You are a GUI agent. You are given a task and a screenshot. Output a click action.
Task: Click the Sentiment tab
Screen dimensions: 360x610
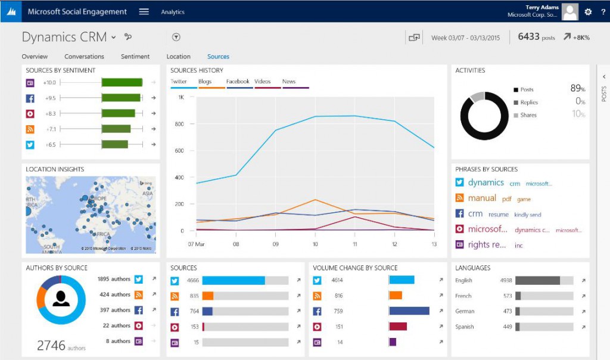coord(135,57)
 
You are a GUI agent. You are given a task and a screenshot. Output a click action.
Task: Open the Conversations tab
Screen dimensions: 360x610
coord(84,57)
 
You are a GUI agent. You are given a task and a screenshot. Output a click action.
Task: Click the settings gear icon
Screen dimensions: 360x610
coord(588,12)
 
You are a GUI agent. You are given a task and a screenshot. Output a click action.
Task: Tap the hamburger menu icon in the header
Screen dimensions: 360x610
coord(144,12)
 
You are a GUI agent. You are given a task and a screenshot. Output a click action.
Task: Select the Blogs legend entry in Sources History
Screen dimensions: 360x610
coord(205,82)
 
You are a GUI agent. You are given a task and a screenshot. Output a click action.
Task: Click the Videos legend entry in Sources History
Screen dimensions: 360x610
coord(262,82)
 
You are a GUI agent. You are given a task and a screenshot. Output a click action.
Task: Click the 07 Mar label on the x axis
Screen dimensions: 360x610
coord(196,244)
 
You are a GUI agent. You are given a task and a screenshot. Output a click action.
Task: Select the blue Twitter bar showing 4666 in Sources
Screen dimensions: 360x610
coord(234,280)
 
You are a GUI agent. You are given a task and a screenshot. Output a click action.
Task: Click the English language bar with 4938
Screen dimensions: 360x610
coord(537,280)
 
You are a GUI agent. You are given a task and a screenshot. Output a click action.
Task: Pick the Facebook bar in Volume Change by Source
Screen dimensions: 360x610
coord(409,311)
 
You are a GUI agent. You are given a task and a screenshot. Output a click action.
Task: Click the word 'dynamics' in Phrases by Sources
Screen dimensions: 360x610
coord(485,183)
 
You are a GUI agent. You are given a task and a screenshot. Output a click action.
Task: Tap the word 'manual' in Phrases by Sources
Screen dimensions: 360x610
coord(482,198)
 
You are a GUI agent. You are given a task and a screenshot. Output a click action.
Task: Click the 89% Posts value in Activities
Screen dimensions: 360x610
coord(577,89)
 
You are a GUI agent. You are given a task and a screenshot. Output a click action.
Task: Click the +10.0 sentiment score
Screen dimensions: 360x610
coord(49,83)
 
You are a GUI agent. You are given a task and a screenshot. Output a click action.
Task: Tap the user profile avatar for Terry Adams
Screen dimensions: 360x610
coord(569,12)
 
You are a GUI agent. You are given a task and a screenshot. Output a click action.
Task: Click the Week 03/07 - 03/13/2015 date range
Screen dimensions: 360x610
coord(465,38)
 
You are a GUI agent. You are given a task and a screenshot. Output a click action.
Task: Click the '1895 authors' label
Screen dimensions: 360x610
coord(114,279)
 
